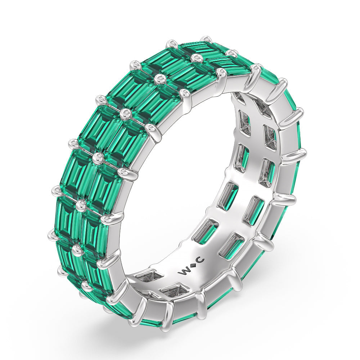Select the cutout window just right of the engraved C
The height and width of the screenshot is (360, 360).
(x=230, y=245)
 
